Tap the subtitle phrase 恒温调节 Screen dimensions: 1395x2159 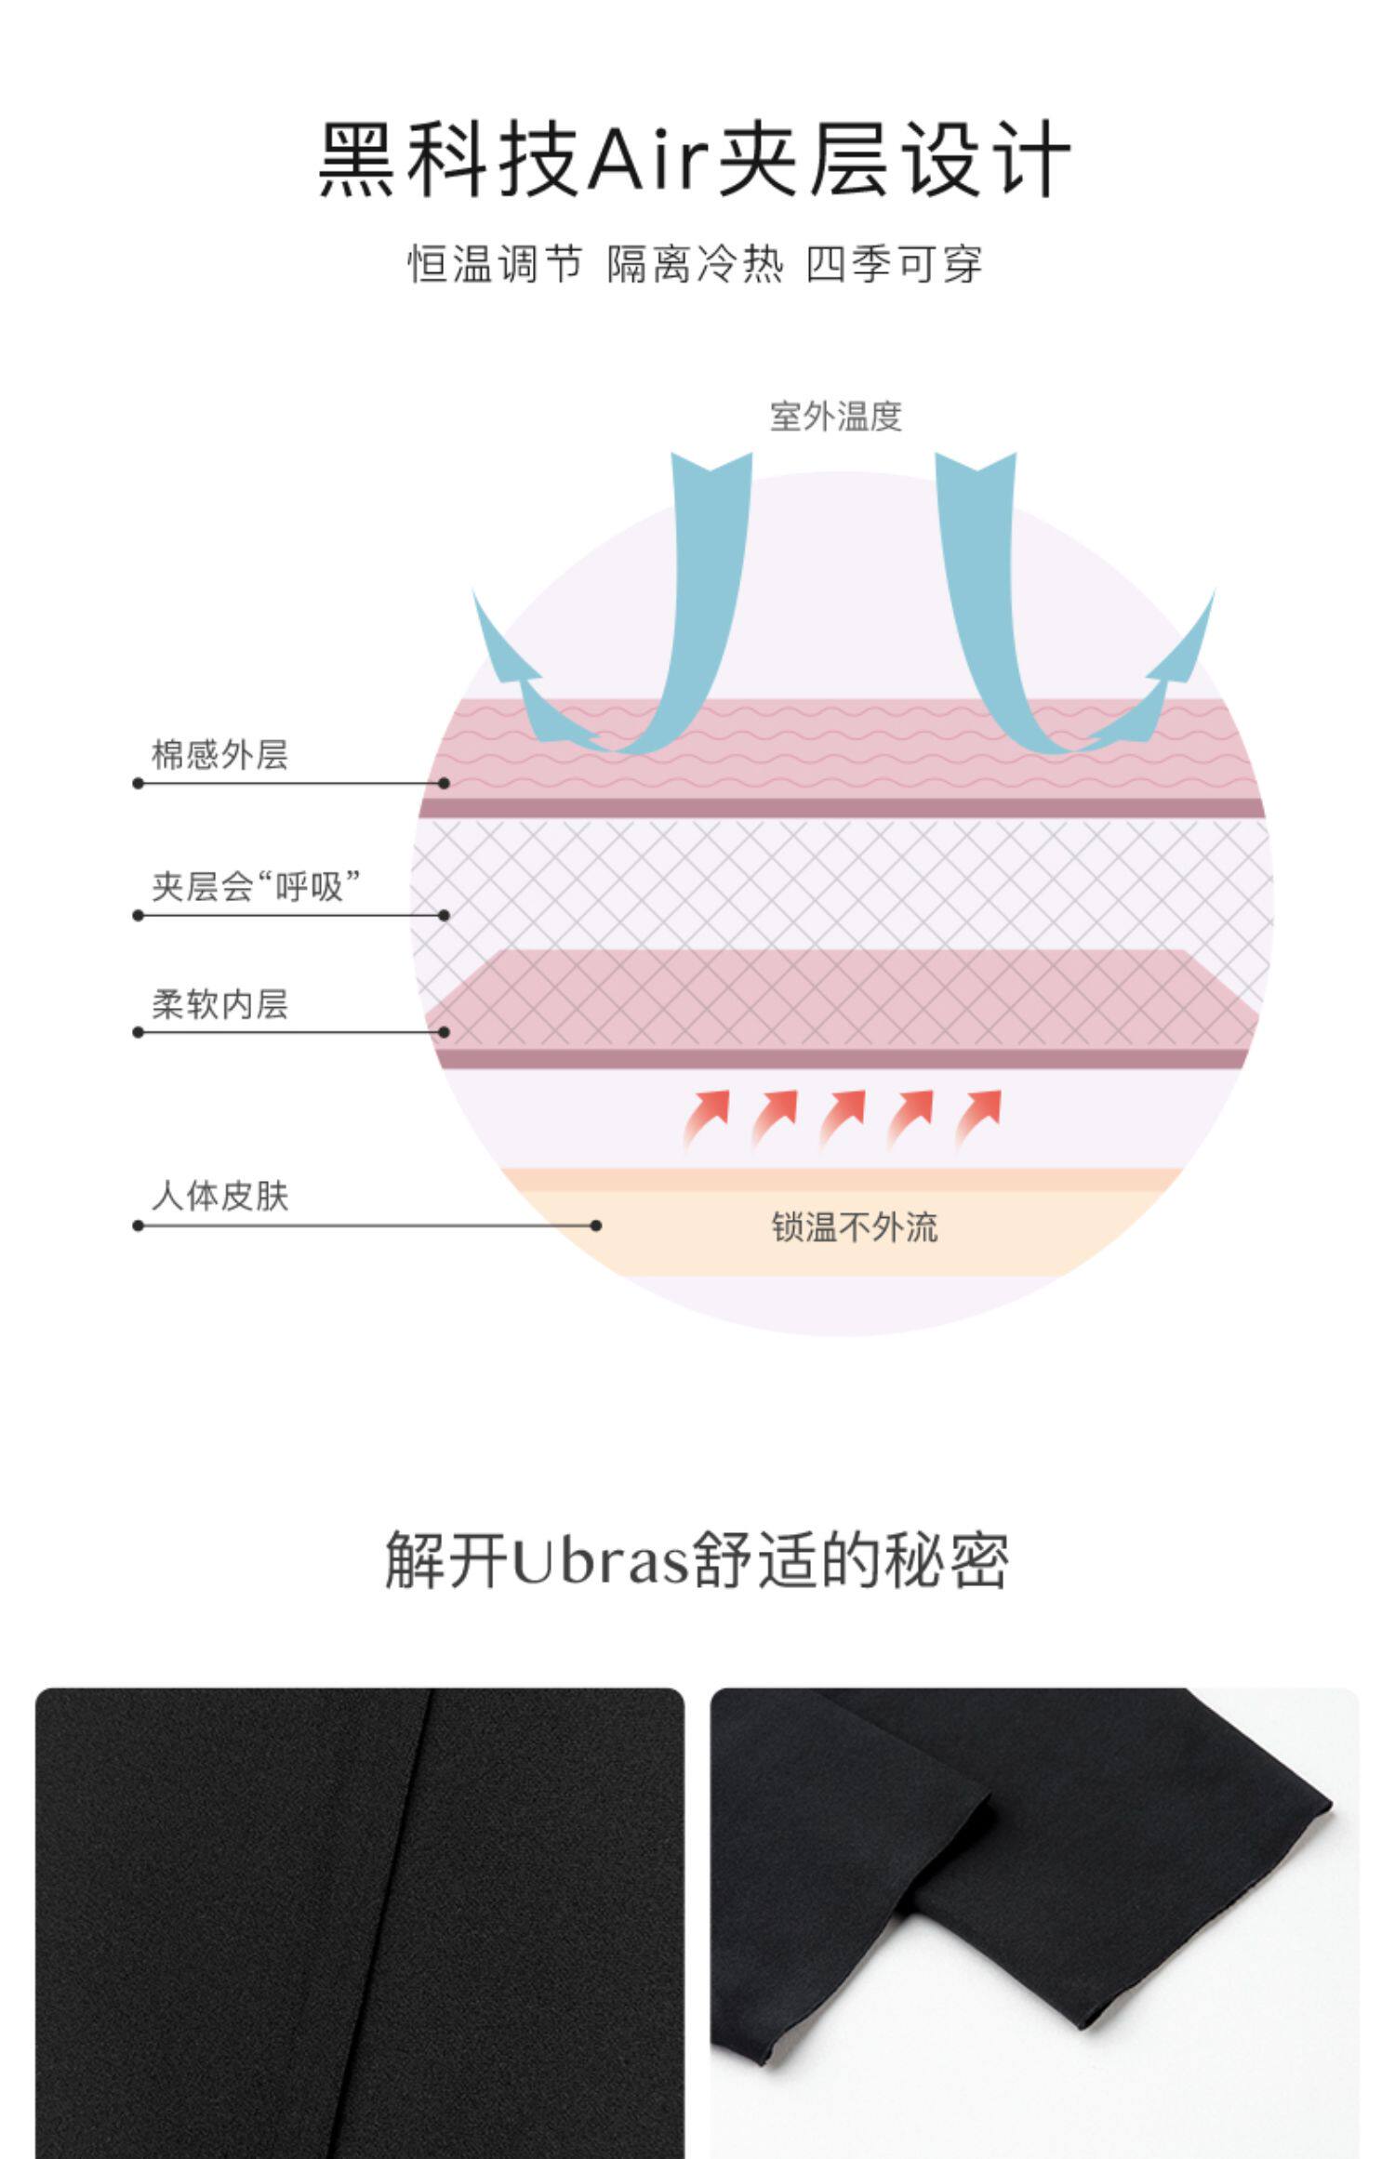(x=495, y=264)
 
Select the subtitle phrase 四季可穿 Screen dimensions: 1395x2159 (x=894, y=264)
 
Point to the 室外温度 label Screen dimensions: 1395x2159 (x=835, y=417)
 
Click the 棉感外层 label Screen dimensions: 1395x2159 (x=220, y=755)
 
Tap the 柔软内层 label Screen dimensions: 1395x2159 (x=220, y=1004)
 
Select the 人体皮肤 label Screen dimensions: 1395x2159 (x=220, y=1196)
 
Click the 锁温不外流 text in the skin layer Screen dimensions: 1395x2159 (x=855, y=1227)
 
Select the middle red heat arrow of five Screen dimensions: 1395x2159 (x=844, y=1116)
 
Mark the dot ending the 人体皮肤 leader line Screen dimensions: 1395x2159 (x=596, y=1225)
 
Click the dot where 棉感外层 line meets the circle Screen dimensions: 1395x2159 (x=445, y=783)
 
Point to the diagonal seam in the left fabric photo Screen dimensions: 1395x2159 (x=391, y=1906)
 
